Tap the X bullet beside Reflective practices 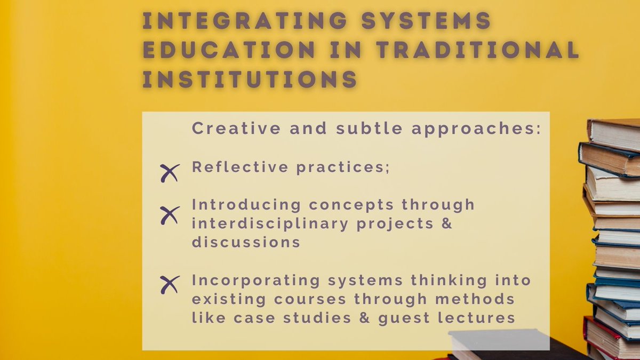pyautogui.click(x=170, y=173)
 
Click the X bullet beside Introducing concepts pyautogui.click(x=170, y=214)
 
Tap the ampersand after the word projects pyautogui.click(x=447, y=223)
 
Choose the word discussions pyautogui.click(x=246, y=242)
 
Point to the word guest pyautogui.click(x=414, y=319)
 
